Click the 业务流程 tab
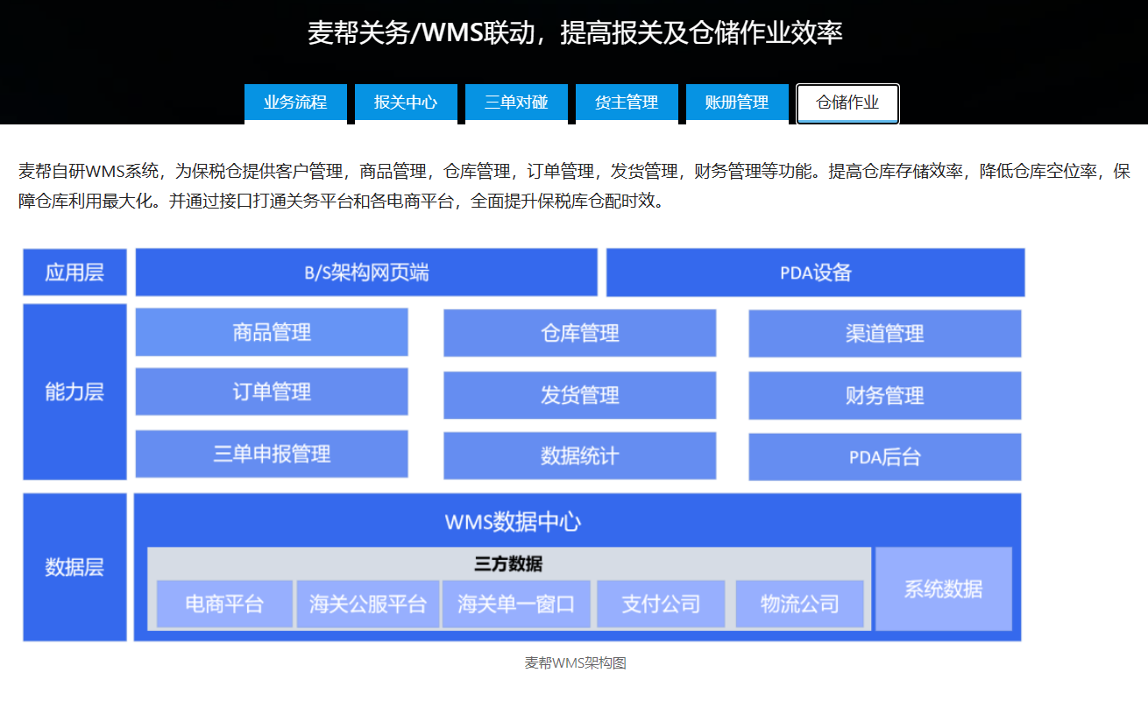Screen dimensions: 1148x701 pyautogui.click(x=295, y=102)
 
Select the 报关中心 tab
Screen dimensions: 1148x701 pyautogui.click(x=406, y=102)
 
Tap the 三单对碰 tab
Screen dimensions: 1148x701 pyautogui.click(x=517, y=102)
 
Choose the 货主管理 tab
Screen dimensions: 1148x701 pyautogui.click(x=627, y=102)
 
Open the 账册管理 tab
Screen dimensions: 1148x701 pyautogui.click(x=737, y=102)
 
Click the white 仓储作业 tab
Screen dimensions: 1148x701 pyautogui.click(x=847, y=103)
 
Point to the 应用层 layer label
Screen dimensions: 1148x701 pyautogui.click(x=74, y=273)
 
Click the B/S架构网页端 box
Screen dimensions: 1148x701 pyautogui.click(x=366, y=273)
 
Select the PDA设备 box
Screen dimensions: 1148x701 pyautogui.click(x=815, y=273)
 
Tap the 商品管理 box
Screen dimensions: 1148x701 pyautogui.click(x=272, y=332)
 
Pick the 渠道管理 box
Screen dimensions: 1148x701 pyautogui.click(x=884, y=334)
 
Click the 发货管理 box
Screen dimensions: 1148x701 pyautogui.click(x=579, y=395)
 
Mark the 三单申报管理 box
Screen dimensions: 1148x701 pyautogui.click(x=272, y=454)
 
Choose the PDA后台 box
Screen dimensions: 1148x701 pyautogui.click(x=884, y=457)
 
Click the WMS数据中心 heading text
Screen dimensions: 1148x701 pyautogui.click(x=513, y=522)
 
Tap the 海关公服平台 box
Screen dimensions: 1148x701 pyautogui.click(x=368, y=604)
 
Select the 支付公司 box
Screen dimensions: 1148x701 pyautogui.click(x=661, y=604)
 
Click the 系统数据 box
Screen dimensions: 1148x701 pyautogui.click(x=944, y=589)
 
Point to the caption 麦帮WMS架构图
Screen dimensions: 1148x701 pyautogui.click(x=575, y=663)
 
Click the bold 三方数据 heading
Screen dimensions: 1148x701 pyautogui.click(x=508, y=563)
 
